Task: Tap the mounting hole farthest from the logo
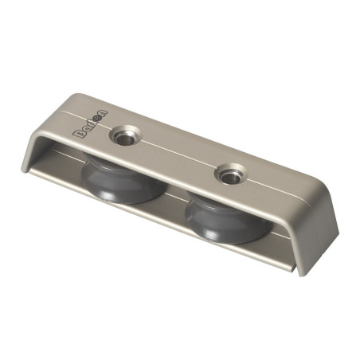(x=233, y=173)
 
